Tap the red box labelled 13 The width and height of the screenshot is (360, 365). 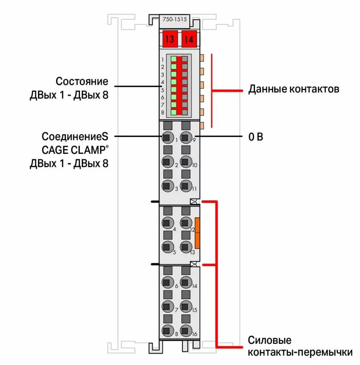click(x=170, y=39)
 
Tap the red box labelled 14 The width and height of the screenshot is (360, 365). click(x=189, y=39)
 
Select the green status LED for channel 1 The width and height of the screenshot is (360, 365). click(x=173, y=59)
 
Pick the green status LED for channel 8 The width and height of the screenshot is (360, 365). click(x=173, y=112)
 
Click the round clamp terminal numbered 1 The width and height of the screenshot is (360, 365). click(x=168, y=138)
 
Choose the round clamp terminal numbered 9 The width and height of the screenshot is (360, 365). click(x=185, y=138)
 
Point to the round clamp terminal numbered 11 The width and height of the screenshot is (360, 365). click(x=185, y=185)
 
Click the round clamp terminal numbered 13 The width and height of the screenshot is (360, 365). click(x=185, y=247)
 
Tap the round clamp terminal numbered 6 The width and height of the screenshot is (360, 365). click(x=168, y=282)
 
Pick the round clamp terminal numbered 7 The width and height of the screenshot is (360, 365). click(x=168, y=306)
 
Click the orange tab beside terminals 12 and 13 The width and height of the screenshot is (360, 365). click(x=197, y=233)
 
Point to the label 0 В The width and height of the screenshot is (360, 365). click(x=256, y=137)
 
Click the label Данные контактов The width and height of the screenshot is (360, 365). click(x=294, y=89)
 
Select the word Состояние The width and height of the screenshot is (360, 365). click(x=82, y=81)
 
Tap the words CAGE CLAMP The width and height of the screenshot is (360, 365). click(x=75, y=150)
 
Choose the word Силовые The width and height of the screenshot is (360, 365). click(x=270, y=340)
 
